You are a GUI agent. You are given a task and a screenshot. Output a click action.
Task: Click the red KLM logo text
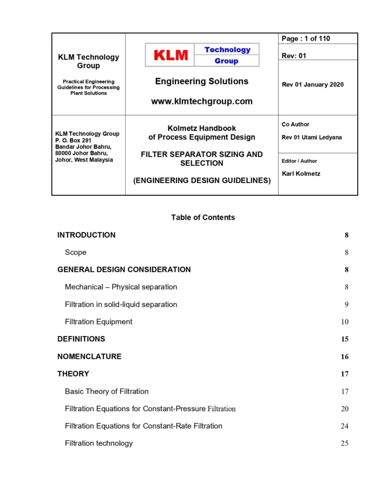point(171,55)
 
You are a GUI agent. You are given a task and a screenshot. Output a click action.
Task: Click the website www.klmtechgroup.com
point(202,102)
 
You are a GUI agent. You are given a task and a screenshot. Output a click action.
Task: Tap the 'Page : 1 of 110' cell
point(306,39)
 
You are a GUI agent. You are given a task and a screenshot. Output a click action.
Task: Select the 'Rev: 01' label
point(294,56)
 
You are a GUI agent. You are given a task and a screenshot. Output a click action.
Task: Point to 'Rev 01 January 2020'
point(313,84)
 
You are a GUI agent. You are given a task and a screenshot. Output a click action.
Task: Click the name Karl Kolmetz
point(301,173)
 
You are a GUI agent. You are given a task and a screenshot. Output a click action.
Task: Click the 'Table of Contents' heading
point(203,217)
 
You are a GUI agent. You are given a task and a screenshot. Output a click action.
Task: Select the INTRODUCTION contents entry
point(87,235)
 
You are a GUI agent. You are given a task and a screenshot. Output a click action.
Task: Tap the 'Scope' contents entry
point(75,252)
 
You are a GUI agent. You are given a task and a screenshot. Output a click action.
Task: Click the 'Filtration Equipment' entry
point(98,322)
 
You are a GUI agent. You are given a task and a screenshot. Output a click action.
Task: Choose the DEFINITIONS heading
point(81,339)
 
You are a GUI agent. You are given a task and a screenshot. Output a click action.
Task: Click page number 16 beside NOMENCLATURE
point(344,356)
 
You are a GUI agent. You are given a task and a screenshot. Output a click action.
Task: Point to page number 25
point(344,443)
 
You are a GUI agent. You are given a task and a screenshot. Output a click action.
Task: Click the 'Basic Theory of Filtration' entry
point(107,391)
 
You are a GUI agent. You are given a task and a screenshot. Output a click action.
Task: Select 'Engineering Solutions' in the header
point(202,81)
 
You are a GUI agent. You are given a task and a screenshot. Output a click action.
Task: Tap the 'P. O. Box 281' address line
point(73,140)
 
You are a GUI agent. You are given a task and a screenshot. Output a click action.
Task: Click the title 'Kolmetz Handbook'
point(202,128)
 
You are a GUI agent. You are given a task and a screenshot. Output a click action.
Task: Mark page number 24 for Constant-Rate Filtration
point(344,426)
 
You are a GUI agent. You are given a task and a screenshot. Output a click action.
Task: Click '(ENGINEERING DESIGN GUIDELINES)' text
point(202,180)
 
